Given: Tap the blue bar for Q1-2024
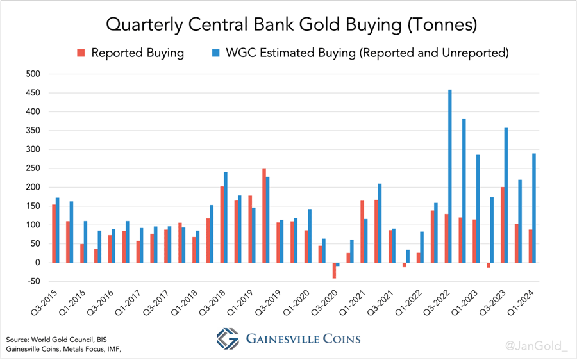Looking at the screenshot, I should (534, 208).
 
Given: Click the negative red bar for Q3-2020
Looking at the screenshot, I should (334, 270).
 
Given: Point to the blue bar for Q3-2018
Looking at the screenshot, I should (226, 217).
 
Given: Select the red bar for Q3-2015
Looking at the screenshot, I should (53, 233).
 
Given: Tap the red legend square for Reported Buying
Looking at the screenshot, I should (81, 53).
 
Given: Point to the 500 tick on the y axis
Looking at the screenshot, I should (33, 74).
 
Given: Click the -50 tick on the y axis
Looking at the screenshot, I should (33, 281).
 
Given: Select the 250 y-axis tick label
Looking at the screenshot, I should (33, 168).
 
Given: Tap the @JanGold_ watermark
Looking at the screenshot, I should (537, 346).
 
